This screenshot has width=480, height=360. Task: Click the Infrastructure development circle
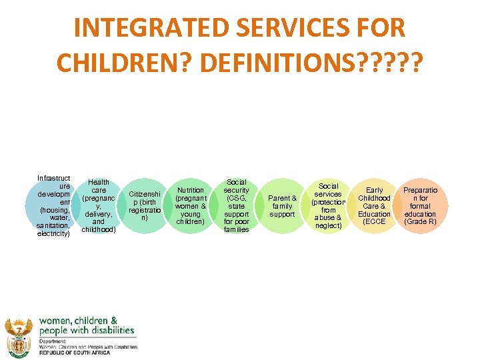click(x=54, y=206)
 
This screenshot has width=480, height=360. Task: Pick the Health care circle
click(x=99, y=206)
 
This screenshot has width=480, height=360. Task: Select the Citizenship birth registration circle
click(x=145, y=206)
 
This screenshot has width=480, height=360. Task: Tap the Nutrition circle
click(x=191, y=206)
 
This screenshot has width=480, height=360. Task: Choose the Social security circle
click(x=236, y=206)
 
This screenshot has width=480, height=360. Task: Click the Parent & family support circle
click(x=282, y=206)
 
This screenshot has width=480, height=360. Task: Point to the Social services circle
click(x=328, y=206)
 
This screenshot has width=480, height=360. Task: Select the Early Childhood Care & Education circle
click(x=374, y=206)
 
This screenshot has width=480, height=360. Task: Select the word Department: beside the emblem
click(x=54, y=341)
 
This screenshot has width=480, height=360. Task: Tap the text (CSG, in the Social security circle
click(x=236, y=198)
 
